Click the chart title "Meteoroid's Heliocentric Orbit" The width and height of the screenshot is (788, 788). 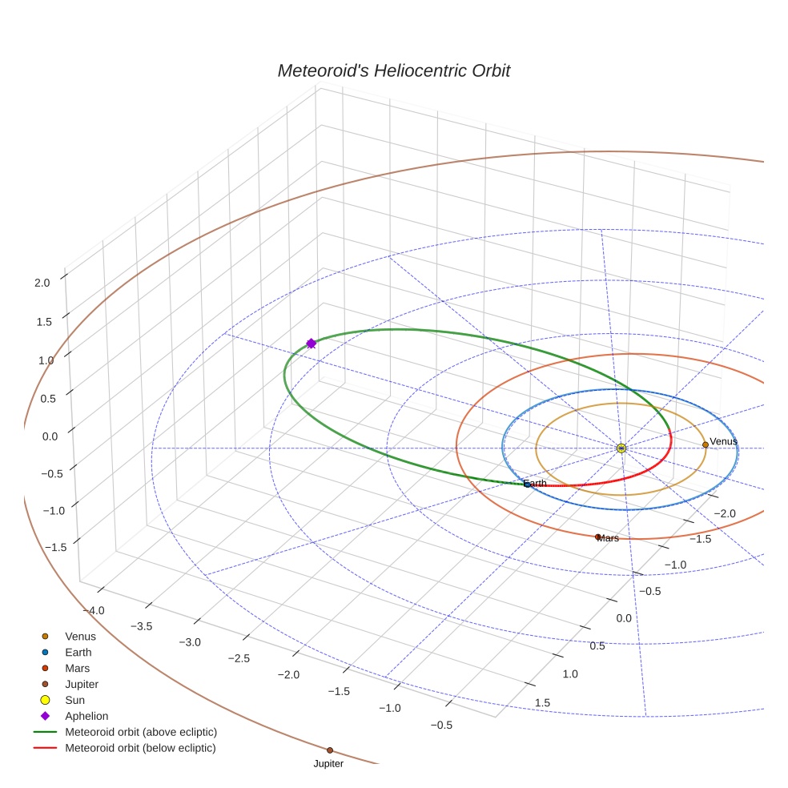(x=393, y=70)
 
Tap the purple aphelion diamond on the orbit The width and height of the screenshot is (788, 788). (x=312, y=344)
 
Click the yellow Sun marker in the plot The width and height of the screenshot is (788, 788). (x=621, y=448)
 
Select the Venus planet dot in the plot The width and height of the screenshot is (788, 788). (x=706, y=444)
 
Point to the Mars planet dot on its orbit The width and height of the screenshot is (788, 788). (x=597, y=537)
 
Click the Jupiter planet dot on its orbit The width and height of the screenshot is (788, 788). (x=330, y=750)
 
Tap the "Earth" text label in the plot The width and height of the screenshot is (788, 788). (x=535, y=484)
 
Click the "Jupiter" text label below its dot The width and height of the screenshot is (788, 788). (x=328, y=764)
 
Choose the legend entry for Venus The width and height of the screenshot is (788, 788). (x=80, y=636)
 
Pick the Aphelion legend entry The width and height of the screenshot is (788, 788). (x=86, y=716)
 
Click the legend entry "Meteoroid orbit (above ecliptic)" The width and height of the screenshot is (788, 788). (x=141, y=732)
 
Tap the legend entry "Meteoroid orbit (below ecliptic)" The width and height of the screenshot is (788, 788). (x=140, y=748)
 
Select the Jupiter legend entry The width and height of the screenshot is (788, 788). (x=82, y=684)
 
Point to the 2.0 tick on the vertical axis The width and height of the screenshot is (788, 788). (x=42, y=282)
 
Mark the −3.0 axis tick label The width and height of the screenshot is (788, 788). (x=190, y=642)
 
